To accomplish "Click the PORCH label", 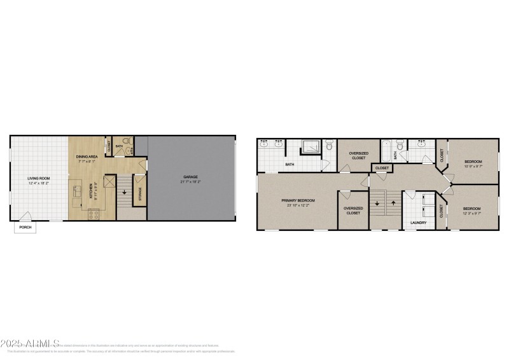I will [25, 227].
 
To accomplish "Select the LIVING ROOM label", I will [39, 178].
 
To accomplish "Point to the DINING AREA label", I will [87, 156].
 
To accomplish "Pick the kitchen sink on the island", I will [77, 192].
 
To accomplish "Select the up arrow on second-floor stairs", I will [393, 204].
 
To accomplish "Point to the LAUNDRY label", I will [418, 223].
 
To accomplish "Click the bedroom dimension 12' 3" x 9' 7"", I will [471, 214].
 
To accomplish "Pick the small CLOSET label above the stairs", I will [382, 169].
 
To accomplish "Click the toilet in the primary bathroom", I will [328, 146].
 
